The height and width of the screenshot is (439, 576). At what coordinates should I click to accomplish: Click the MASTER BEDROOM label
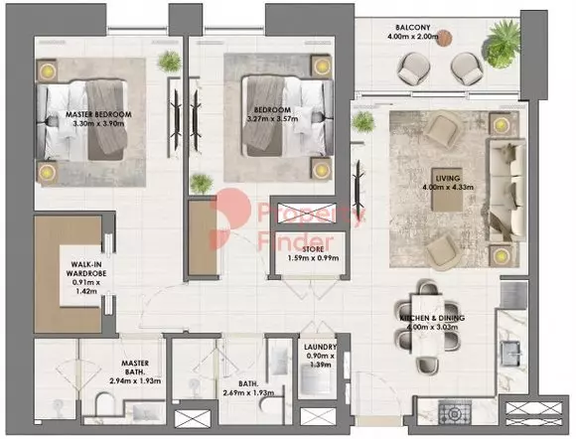(x=98, y=114)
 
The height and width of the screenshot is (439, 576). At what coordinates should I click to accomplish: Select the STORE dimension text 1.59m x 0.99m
(x=313, y=258)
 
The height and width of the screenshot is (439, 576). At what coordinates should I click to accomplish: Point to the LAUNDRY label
(x=321, y=347)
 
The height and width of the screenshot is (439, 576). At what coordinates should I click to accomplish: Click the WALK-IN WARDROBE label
(x=86, y=269)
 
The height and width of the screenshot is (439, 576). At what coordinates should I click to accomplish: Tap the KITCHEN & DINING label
(x=432, y=318)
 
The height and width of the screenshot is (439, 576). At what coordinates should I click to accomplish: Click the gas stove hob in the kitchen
(x=455, y=413)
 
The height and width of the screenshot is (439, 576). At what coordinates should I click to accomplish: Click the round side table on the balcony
(x=444, y=38)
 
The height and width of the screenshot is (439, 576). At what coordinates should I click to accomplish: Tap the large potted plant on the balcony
(x=503, y=44)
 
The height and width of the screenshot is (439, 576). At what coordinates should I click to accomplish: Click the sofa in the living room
(x=506, y=191)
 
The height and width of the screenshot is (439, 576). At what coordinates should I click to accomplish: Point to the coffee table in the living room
(x=447, y=189)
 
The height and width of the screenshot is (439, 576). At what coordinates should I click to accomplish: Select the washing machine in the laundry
(x=316, y=378)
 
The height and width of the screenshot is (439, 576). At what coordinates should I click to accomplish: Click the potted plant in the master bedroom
(x=170, y=61)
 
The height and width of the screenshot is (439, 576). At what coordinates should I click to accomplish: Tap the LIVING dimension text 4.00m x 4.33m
(x=448, y=188)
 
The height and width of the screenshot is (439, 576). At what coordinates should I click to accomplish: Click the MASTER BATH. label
(x=135, y=367)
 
